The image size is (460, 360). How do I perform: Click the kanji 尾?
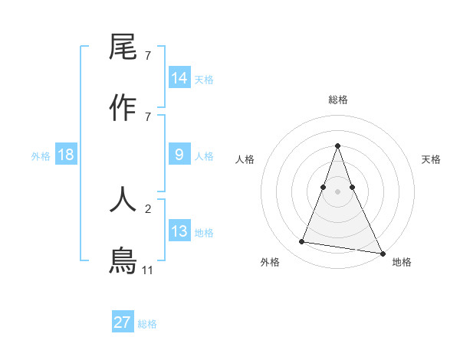123,47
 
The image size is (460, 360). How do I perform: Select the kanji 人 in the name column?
123,199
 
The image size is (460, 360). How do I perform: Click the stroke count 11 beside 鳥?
148,270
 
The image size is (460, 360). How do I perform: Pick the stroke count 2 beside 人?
148,208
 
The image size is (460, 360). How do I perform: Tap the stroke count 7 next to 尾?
148,56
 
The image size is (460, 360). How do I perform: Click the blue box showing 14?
179,78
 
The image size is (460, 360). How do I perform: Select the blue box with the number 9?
179,155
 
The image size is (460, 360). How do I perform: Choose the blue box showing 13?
179,231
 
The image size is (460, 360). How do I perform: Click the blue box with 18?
66,155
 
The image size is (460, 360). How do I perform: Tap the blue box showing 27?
123,322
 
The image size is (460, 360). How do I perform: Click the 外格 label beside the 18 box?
41,156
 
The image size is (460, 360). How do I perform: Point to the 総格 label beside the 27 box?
147,324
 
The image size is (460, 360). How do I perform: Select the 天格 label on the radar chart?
431,159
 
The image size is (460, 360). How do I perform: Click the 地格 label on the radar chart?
402,262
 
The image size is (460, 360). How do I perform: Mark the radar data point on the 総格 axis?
337,146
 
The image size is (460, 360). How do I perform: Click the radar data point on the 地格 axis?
381,252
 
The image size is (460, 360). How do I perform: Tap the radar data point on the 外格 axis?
302,242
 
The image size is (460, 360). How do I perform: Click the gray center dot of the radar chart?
337,191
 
